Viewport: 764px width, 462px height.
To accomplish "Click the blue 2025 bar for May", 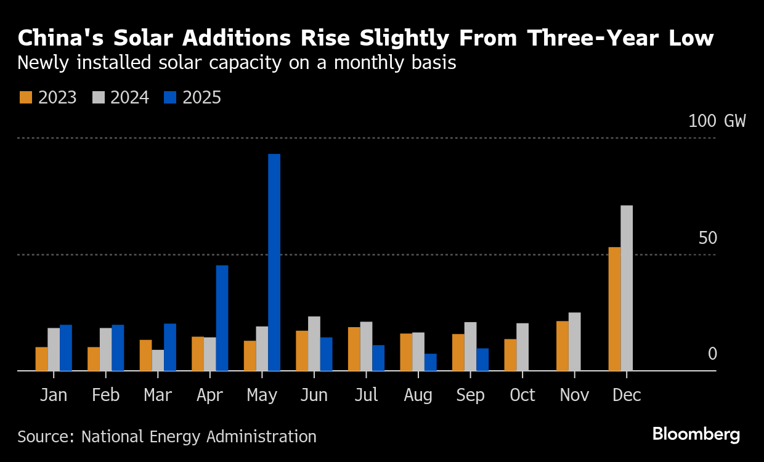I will tap(274, 262).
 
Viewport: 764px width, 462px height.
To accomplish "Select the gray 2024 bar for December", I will tap(627, 288).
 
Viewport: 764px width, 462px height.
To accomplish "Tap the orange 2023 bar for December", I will tap(614, 309).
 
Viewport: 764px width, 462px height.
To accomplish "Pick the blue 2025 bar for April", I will tap(222, 318).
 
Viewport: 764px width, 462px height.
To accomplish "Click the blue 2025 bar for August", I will tap(431, 362).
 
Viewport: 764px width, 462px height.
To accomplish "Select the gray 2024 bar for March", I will tap(158, 360).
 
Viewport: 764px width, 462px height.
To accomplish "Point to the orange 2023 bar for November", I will tap(563, 346).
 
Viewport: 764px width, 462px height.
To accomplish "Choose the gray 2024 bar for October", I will tap(522, 347).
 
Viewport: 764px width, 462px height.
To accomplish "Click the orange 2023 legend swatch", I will tap(25, 97).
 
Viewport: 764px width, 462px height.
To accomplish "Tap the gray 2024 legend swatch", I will tap(99, 97).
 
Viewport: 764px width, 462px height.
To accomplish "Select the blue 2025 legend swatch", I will tap(170, 97).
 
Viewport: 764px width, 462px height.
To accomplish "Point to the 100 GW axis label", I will tap(717, 121).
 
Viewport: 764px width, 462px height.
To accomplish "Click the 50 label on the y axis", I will tap(708, 238).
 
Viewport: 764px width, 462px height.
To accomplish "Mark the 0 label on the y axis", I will tap(712, 354).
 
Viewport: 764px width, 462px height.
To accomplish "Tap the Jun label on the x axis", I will tap(314, 395).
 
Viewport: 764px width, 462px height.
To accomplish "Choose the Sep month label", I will tap(471, 395).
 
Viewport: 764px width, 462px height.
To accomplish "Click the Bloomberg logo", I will tap(696, 434).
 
